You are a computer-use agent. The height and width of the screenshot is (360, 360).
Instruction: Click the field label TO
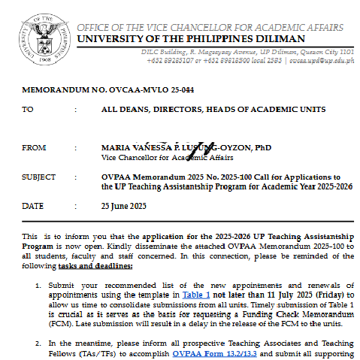tap(28, 109)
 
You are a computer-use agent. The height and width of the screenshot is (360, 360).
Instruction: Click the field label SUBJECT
tap(39, 177)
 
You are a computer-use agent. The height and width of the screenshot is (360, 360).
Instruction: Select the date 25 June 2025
tap(124, 205)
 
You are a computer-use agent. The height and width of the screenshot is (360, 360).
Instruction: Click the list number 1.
tap(38, 286)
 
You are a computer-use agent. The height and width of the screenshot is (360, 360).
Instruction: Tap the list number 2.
tap(38, 342)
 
